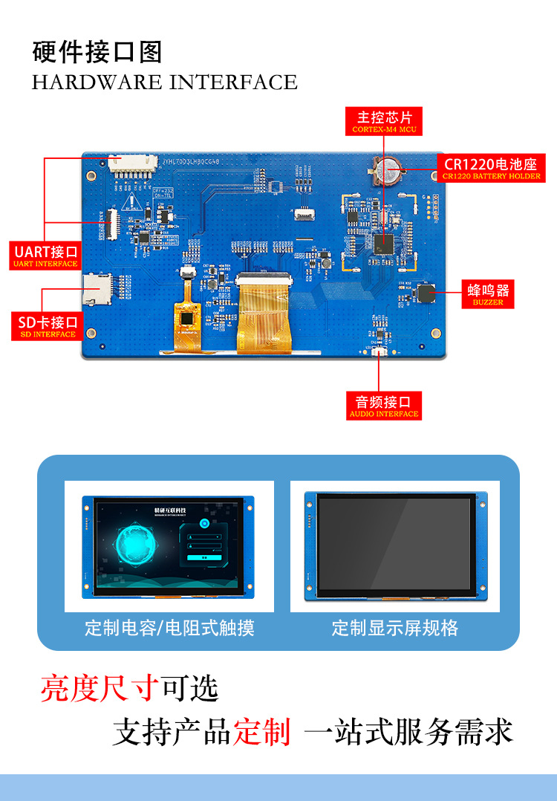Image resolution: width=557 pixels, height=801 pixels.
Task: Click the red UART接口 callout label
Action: tap(45, 254)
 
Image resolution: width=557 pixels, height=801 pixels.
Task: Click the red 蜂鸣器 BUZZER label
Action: tap(488, 294)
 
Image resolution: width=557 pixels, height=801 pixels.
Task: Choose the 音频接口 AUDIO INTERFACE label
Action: tap(384, 406)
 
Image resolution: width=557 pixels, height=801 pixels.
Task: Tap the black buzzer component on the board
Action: tap(426, 292)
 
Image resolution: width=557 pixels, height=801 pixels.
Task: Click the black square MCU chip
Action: tap(384, 243)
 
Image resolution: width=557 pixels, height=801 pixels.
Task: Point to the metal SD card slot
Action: tap(97, 288)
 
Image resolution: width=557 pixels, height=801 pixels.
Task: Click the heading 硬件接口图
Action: tap(97, 53)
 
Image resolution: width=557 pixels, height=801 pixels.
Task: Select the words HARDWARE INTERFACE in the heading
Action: tap(165, 82)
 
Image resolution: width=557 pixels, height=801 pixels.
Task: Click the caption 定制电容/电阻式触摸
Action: tap(169, 629)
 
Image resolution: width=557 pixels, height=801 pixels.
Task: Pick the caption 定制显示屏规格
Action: tap(395, 629)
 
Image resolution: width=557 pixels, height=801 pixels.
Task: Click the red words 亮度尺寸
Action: tap(100, 689)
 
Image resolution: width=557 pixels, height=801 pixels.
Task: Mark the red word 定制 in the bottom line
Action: tap(261, 732)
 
